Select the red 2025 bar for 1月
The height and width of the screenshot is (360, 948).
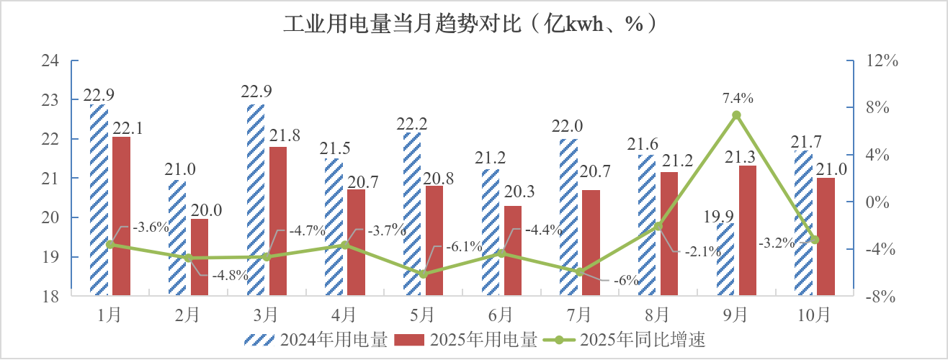point(122,215)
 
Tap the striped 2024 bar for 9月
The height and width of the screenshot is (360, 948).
point(725,258)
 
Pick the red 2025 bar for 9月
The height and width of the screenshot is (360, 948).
point(748,230)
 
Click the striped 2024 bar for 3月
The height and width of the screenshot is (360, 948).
point(255,199)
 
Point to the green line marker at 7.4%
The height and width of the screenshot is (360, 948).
point(736,115)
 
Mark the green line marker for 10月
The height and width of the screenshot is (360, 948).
point(815,240)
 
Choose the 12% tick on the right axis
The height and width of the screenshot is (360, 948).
point(882,61)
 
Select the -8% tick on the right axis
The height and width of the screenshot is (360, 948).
point(882,297)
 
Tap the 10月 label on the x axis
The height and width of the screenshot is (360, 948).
point(815,314)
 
